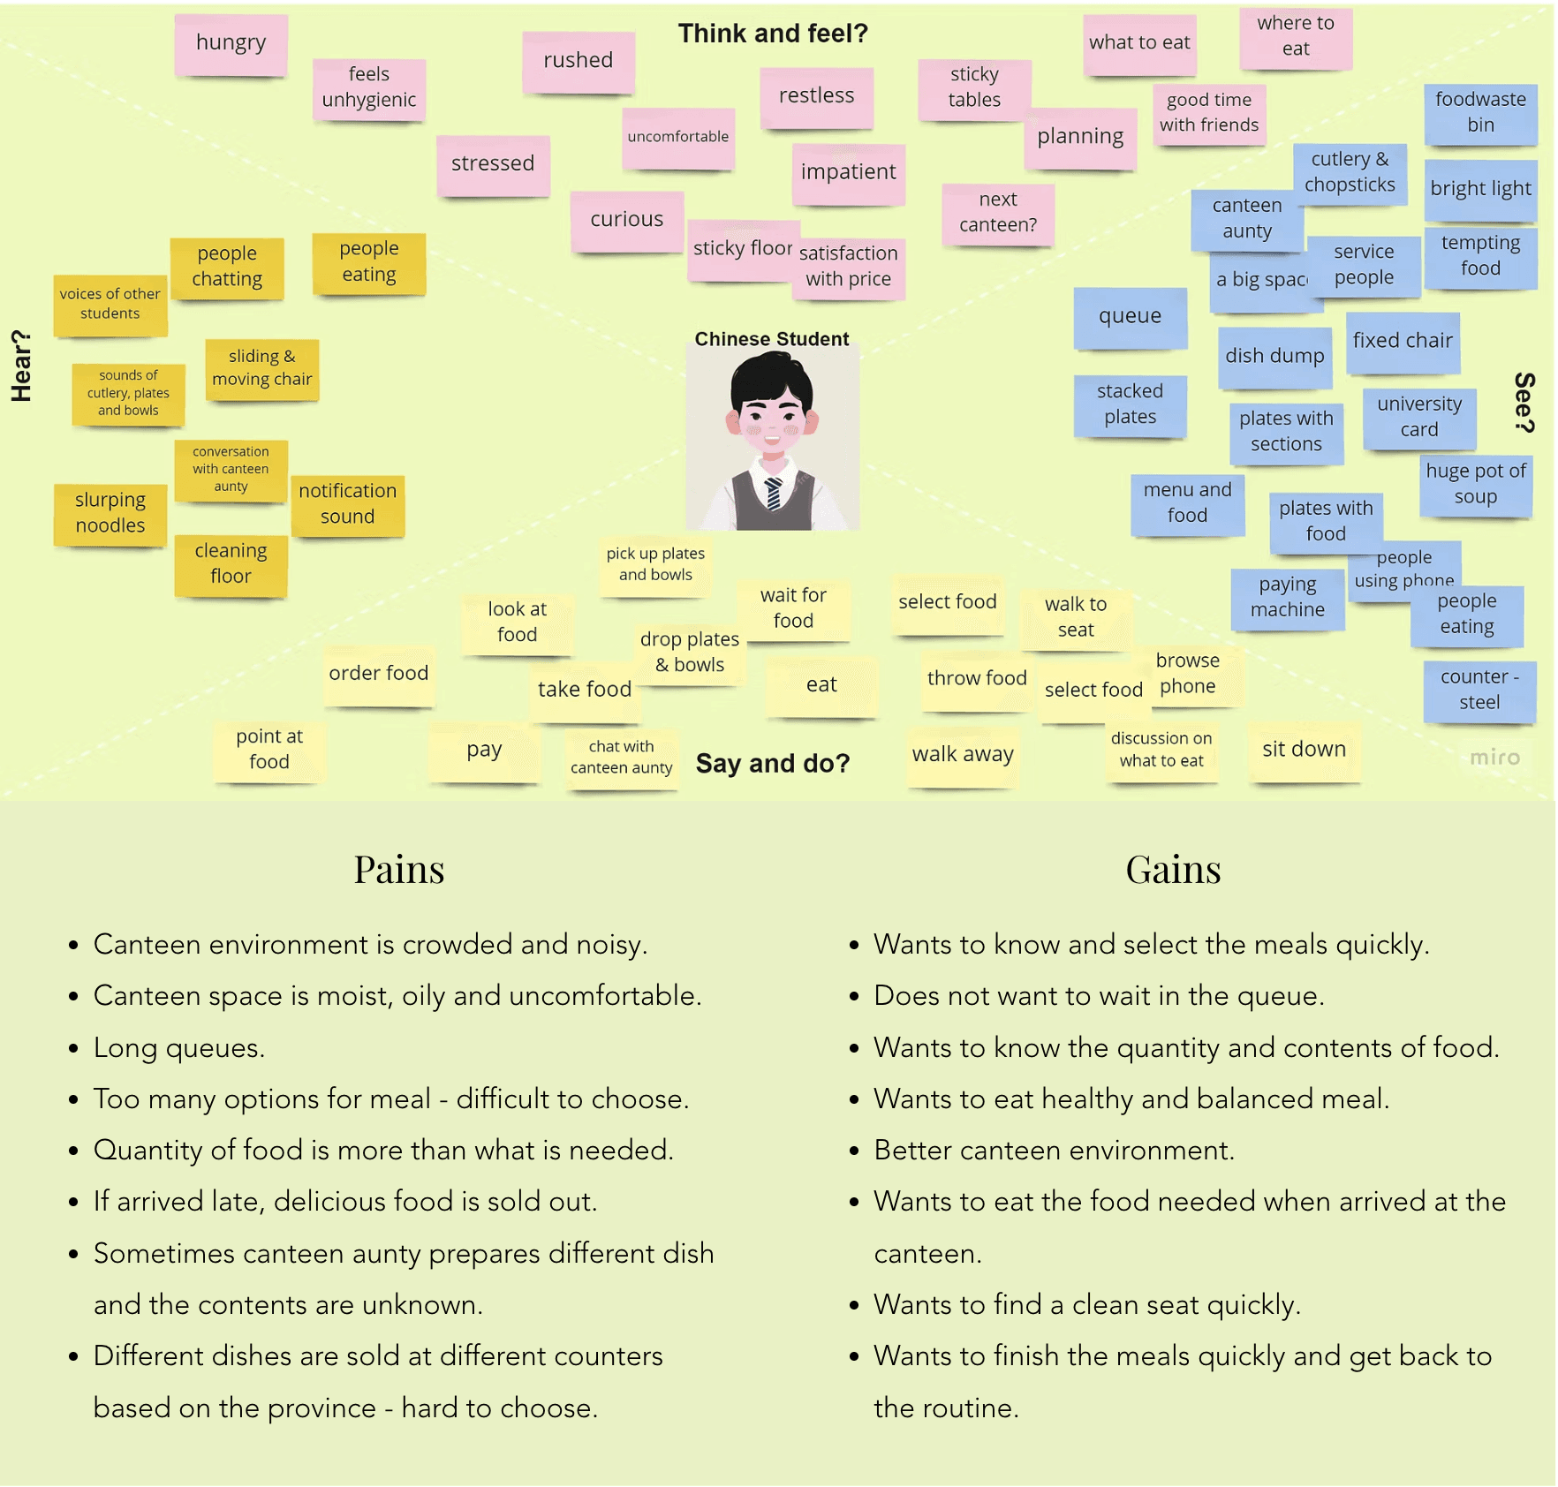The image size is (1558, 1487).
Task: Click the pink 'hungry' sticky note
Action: (231, 43)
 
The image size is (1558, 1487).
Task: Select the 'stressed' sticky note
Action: (493, 164)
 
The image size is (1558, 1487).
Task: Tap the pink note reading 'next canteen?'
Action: (998, 213)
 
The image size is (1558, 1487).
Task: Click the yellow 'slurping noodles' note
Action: (110, 513)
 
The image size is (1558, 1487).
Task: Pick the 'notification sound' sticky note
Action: (347, 504)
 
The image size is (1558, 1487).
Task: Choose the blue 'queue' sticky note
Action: (1130, 316)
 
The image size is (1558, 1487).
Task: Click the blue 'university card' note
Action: (1419, 417)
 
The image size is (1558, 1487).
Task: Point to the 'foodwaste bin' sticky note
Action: (1480, 112)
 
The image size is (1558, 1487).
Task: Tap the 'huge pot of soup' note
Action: (1475, 484)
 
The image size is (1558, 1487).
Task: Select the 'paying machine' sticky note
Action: (1288, 598)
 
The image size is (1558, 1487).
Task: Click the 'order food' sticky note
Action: (378, 674)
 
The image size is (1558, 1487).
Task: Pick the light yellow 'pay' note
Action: (484, 751)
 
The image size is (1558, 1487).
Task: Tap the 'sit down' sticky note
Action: (1304, 750)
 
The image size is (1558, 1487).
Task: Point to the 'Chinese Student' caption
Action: (771, 339)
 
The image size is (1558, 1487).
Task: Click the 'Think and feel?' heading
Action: (773, 34)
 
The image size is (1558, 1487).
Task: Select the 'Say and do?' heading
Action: (772, 764)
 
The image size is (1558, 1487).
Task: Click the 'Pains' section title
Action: (399, 870)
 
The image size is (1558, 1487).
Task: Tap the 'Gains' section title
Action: (1173, 870)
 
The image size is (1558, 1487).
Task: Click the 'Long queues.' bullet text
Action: (179, 1048)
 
